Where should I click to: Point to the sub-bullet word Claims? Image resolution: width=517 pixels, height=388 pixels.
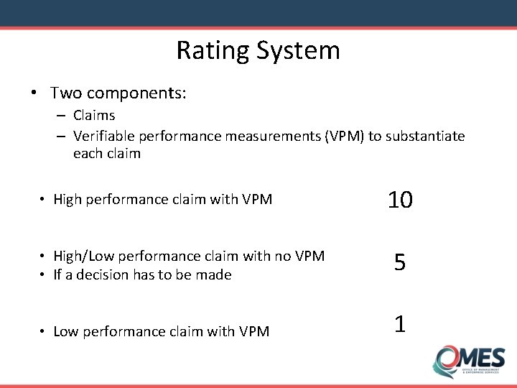(x=94, y=115)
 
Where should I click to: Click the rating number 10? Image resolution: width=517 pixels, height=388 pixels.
(x=400, y=200)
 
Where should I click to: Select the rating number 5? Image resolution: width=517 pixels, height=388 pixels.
(x=400, y=263)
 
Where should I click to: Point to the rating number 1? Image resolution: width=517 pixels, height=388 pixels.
(x=400, y=324)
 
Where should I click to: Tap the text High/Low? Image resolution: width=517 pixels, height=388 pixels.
(x=80, y=256)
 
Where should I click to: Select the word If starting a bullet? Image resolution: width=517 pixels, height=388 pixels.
(x=58, y=274)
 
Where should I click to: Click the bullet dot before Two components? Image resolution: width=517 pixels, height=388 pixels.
(x=34, y=93)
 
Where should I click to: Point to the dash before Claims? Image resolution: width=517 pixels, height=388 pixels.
(x=62, y=115)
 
